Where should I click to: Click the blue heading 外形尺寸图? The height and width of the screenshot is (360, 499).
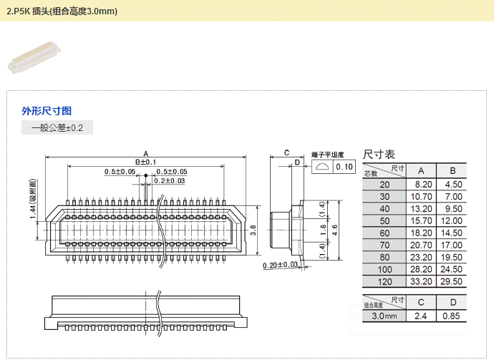point(47,111)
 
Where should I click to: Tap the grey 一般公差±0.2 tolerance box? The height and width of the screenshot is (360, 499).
point(57,128)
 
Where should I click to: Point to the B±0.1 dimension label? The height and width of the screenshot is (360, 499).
point(145,162)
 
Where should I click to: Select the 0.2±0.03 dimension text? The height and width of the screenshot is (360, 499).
point(170,181)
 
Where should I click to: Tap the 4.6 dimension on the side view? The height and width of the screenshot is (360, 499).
point(334,229)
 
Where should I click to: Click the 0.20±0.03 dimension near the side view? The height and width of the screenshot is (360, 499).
point(281,266)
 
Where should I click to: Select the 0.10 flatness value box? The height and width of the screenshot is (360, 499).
point(344,167)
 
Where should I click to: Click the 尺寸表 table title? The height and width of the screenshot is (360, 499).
point(379,154)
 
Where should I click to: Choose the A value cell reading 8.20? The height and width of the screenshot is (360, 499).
point(421,184)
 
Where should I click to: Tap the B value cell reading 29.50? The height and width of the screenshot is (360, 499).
point(452,281)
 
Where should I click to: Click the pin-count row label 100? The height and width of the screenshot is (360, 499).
point(385,269)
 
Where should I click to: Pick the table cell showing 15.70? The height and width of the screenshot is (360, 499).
point(421,220)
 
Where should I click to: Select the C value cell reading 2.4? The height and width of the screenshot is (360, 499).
point(421,316)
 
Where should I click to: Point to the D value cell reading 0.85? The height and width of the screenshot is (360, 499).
point(452,316)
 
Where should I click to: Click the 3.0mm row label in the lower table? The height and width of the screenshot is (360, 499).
point(384,316)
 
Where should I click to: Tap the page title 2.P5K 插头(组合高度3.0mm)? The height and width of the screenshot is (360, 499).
point(62,11)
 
